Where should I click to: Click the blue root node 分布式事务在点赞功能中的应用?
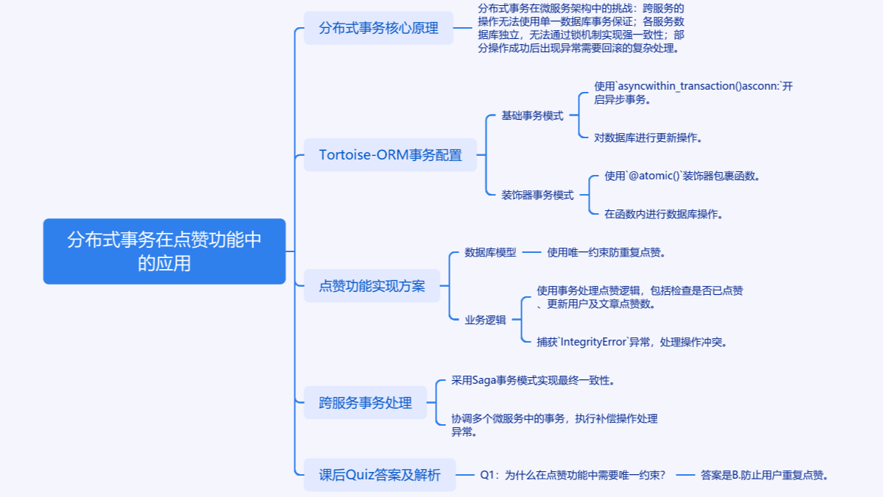click(x=164, y=251)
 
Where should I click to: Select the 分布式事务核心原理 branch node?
click(x=378, y=28)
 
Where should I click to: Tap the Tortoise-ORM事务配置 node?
click(x=390, y=155)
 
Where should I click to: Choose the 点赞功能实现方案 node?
click(x=372, y=286)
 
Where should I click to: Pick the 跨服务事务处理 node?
click(x=365, y=403)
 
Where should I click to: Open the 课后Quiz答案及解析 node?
click(x=379, y=475)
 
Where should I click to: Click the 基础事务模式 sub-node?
click(x=532, y=115)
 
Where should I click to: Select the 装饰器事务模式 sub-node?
click(x=537, y=195)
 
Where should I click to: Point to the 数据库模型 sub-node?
click(x=490, y=252)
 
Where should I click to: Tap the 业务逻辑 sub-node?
click(x=485, y=319)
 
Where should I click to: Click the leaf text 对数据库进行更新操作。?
click(x=648, y=137)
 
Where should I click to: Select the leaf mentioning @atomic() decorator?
click(x=682, y=176)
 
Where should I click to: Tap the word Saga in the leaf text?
click(x=483, y=380)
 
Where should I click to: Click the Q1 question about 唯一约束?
click(x=573, y=475)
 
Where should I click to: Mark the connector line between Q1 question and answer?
click(x=685, y=475)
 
